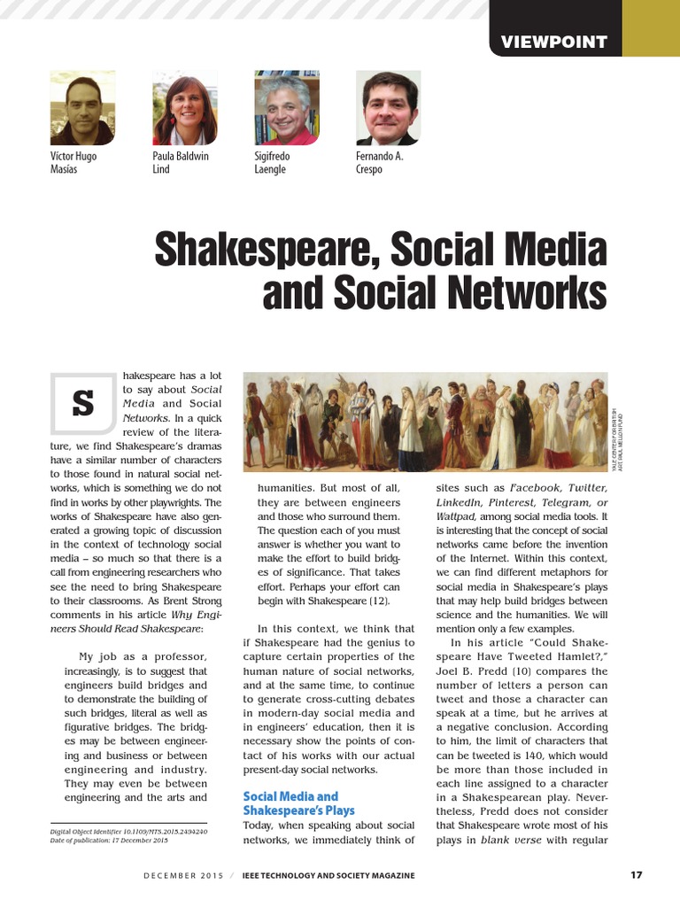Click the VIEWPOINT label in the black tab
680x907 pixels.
(554, 42)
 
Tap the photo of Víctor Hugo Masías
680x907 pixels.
(82, 108)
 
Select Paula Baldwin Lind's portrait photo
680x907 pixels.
(185, 108)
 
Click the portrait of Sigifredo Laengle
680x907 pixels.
(287, 108)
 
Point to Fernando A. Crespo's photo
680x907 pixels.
(387, 108)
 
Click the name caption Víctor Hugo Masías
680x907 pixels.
(73, 163)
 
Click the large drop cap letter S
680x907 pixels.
(82, 403)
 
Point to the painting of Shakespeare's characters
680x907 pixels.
(425, 421)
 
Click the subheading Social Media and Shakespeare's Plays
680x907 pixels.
(298, 803)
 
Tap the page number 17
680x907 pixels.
(636, 875)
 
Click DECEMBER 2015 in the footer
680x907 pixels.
(182, 876)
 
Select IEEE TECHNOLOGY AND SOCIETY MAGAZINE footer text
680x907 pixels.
(328, 876)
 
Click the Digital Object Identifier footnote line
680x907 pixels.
(128, 832)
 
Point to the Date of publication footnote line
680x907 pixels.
(109, 841)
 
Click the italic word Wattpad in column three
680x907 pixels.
(456, 516)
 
